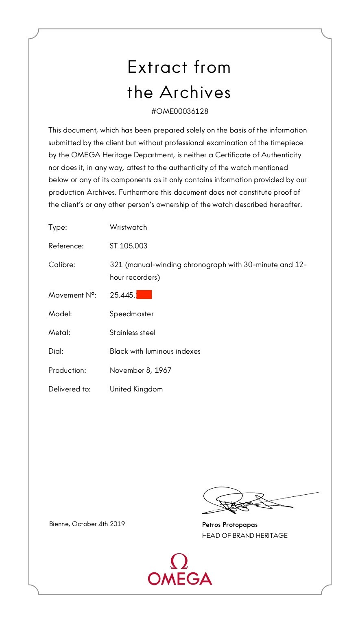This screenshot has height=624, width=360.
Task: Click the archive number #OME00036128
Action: tap(179, 111)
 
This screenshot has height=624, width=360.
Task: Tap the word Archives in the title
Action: tap(195, 92)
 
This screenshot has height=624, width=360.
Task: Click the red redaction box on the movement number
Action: tap(144, 295)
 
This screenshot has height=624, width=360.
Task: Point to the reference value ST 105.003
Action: tap(129, 246)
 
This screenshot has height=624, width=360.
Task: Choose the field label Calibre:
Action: tap(61, 265)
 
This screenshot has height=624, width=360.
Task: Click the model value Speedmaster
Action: tap(131, 314)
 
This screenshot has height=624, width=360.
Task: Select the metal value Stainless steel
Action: tap(133, 333)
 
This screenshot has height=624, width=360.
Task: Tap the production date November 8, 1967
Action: tap(140, 370)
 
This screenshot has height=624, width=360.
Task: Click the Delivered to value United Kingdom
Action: tap(136, 389)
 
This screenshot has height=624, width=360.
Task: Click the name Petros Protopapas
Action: tap(230, 525)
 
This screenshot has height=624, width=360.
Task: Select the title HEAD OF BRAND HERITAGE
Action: tap(244, 536)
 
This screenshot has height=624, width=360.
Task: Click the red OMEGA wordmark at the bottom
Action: tap(180, 578)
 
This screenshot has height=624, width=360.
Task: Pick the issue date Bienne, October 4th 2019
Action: tap(87, 524)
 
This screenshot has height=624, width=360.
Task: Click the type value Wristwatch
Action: tap(128, 227)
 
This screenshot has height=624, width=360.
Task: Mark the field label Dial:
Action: tap(56, 351)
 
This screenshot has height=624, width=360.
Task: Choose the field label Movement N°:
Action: tap(72, 295)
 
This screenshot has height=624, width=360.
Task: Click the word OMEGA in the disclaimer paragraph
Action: tap(85, 155)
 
